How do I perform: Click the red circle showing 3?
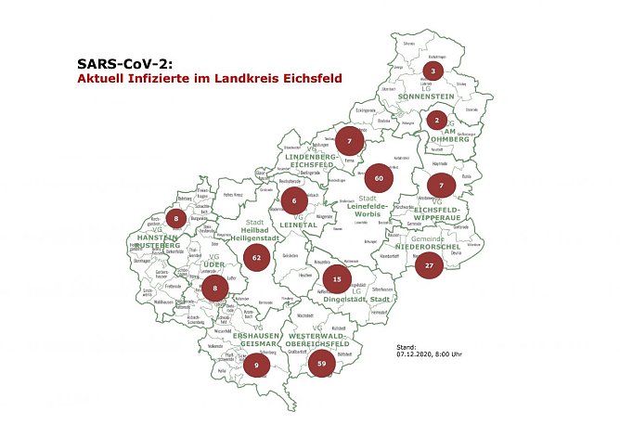pyautogui.click(x=433, y=71)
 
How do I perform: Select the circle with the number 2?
pyautogui.click(x=437, y=120)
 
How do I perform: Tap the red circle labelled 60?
pyautogui.click(x=379, y=176)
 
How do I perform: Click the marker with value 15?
pyautogui.click(x=337, y=278)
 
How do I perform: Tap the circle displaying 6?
pyautogui.click(x=293, y=200)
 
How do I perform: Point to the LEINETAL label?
pyautogui.click(x=293, y=223)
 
